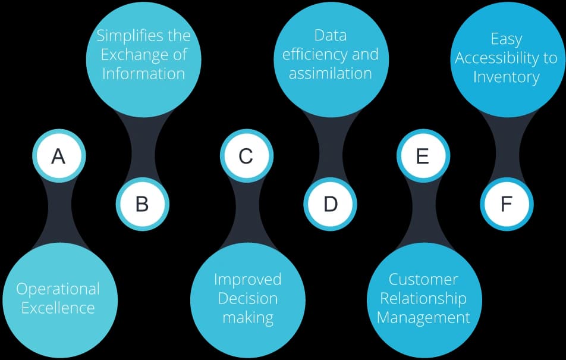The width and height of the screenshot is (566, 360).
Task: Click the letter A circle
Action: (x=58, y=156)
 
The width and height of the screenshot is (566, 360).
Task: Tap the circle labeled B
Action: (x=142, y=204)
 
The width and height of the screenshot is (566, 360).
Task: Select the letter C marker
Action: (x=246, y=156)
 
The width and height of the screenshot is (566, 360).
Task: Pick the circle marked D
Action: (x=331, y=204)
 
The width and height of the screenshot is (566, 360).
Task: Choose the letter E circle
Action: (x=423, y=156)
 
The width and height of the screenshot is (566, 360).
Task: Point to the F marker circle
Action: (x=507, y=204)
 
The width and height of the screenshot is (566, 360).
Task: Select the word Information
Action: (x=143, y=73)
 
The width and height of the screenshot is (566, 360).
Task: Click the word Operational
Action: (x=58, y=289)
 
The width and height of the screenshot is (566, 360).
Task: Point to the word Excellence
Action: (x=58, y=308)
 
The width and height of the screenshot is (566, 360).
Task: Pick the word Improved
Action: (x=247, y=279)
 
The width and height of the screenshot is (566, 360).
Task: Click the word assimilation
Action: (x=331, y=73)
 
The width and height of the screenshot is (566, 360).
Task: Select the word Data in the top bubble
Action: (x=331, y=35)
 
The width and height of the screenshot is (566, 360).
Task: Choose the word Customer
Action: (x=423, y=279)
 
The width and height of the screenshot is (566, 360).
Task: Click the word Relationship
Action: (x=423, y=298)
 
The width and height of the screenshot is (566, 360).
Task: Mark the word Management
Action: (x=423, y=317)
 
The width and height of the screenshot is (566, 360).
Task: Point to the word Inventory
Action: (x=507, y=77)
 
